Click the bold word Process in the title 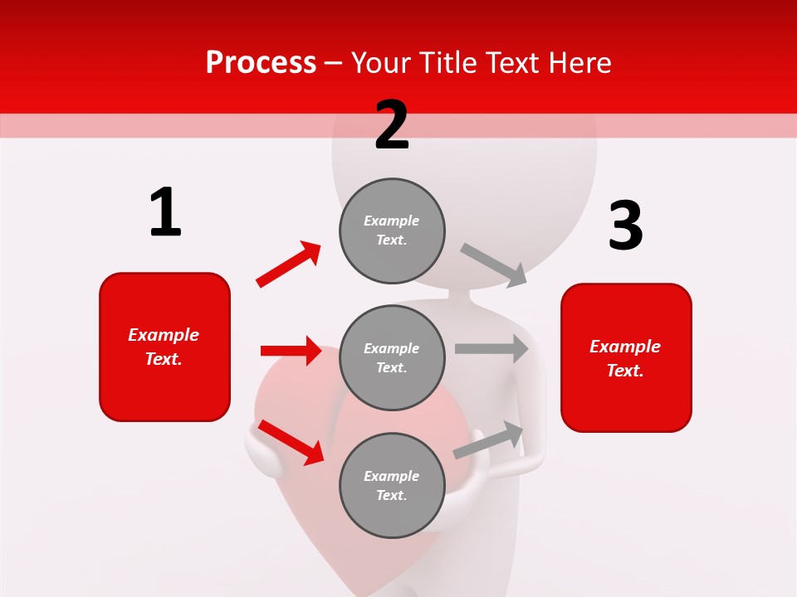tap(261, 62)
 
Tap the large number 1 tap(165, 212)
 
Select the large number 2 tap(392, 125)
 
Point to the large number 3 tap(625, 226)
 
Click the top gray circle tap(392, 231)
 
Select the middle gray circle tap(392, 357)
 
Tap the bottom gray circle tap(392, 485)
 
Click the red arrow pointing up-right tap(289, 265)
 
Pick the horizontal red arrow tap(291, 351)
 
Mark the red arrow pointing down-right tap(291, 441)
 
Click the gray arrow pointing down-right tap(494, 265)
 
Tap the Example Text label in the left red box tap(164, 347)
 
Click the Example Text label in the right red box tap(625, 358)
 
